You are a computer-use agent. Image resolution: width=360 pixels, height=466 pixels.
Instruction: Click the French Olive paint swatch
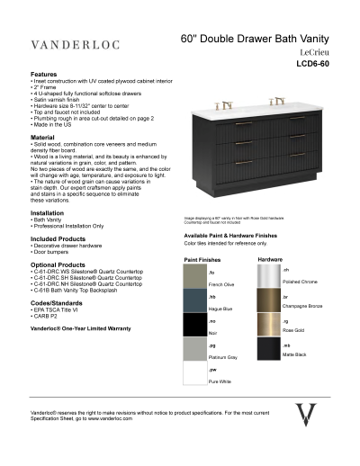195,276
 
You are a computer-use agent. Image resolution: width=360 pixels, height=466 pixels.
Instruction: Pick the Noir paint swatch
195,325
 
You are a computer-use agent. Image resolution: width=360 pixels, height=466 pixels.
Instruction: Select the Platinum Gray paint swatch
195,349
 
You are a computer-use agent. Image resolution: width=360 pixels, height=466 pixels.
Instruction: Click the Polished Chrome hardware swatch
269,276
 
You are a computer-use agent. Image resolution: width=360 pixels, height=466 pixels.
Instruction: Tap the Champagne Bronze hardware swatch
269,300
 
